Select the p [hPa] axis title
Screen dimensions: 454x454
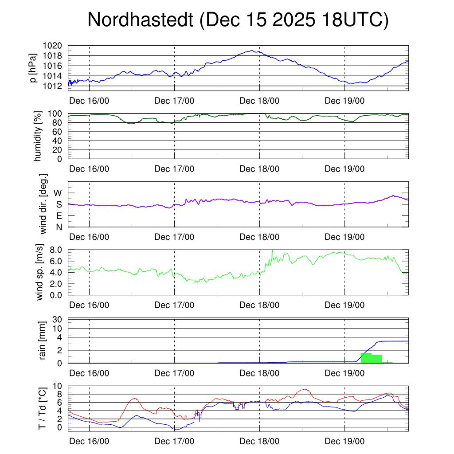(x=32, y=68)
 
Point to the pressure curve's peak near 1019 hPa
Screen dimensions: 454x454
(x=252, y=51)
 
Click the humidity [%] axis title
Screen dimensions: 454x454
(x=39, y=136)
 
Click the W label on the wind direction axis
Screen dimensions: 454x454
(x=58, y=193)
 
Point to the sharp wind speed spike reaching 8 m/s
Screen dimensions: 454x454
(x=272, y=250)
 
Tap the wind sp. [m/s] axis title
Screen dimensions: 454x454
(x=40, y=272)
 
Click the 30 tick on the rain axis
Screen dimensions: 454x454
(x=59, y=319)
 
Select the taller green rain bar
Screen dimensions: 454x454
(x=366, y=358)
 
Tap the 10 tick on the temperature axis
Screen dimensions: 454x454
(x=58, y=386)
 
